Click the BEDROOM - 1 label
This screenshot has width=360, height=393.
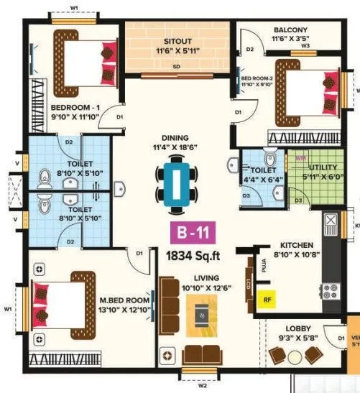78,109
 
